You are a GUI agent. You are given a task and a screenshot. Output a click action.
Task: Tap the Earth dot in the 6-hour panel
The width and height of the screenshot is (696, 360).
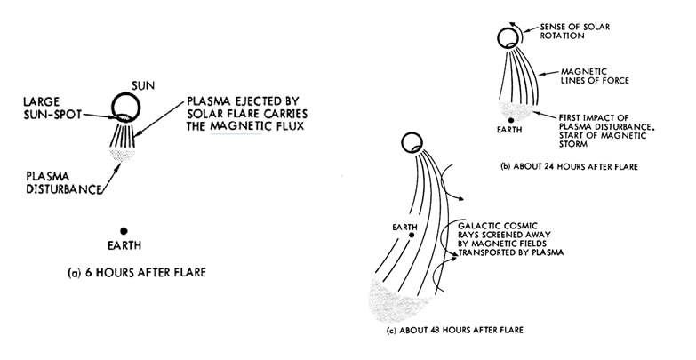126,228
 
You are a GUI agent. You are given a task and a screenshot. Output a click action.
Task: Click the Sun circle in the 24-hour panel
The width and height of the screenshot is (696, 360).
508,37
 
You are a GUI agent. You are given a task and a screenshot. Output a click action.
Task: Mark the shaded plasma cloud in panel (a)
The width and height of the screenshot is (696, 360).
124,154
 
